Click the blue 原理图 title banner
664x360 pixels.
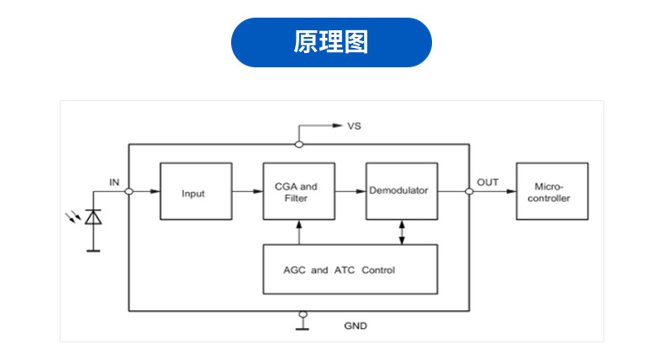point(331,42)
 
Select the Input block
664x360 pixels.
point(193,192)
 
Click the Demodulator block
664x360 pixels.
point(401,191)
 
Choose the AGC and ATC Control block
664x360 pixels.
point(350,269)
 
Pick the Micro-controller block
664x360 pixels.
point(551,192)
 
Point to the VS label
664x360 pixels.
point(355,126)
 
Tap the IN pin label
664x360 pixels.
point(114,182)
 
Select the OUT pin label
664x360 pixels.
point(487,182)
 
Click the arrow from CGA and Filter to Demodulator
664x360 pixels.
point(349,192)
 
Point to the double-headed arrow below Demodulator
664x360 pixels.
point(401,232)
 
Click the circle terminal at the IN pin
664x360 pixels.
point(129,192)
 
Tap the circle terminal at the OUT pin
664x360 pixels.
point(468,192)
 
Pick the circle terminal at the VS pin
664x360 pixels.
point(298,144)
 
